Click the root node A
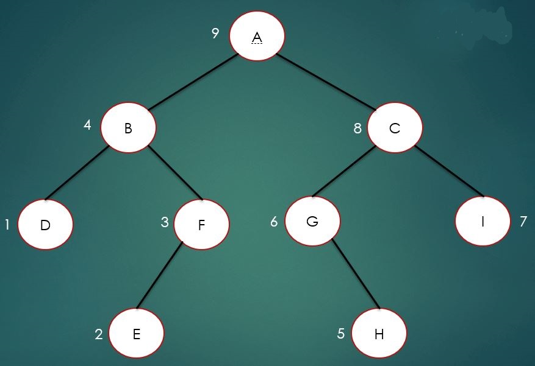(x=257, y=35)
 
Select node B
(x=129, y=128)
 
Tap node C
(x=395, y=128)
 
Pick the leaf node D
(x=45, y=224)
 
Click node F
(x=201, y=223)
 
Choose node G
(x=312, y=221)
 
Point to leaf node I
(x=483, y=220)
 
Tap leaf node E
(x=137, y=334)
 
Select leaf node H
(x=379, y=334)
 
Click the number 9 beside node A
(x=215, y=33)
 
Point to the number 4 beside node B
(x=87, y=125)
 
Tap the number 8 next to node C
(x=358, y=128)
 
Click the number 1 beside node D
(x=7, y=225)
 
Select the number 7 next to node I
(x=523, y=221)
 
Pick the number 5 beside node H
(x=341, y=333)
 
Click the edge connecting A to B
(x=192, y=82)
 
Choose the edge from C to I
(x=449, y=171)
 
